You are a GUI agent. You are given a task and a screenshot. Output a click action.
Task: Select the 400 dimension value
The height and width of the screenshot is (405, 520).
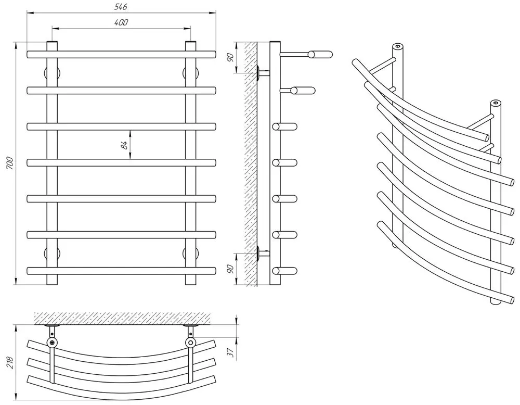(121, 22)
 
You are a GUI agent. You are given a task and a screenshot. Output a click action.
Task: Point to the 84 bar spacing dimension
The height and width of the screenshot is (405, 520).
(124, 145)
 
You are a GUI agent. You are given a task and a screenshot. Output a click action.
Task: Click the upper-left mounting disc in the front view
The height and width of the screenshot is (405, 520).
(53, 72)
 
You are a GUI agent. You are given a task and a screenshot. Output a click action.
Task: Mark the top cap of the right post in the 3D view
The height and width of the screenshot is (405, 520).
(496, 103)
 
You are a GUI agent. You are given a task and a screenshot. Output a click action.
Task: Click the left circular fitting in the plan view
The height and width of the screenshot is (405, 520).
(52, 342)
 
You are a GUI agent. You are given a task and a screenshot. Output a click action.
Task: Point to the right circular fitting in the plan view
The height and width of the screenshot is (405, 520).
(191, 342)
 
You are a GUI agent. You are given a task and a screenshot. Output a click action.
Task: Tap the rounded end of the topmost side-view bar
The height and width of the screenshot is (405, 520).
(328, 54)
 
